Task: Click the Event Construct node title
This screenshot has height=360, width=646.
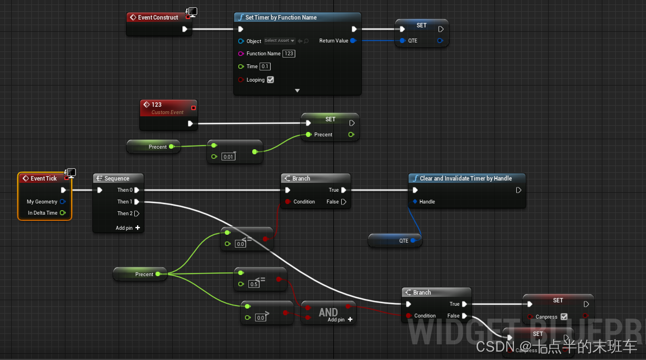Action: point(158,17)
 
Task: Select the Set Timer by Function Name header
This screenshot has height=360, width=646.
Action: point(281,17)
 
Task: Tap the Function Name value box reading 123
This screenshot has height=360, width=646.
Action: point(289,54)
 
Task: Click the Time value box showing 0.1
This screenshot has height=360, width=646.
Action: point(265,67)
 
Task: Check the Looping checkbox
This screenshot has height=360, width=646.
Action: point(271,80)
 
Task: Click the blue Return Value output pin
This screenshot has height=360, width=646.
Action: point(353,41)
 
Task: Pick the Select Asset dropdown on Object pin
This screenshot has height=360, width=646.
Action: point(280,41)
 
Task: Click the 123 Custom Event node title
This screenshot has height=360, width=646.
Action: point(157,105)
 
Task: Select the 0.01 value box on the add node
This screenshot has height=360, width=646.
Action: point(228,157)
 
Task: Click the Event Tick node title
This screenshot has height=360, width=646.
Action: point(44,178)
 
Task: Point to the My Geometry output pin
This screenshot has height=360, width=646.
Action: point(63,202)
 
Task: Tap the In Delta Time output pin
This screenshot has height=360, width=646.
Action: point(63,213)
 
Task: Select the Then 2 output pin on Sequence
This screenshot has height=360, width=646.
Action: point(136,214)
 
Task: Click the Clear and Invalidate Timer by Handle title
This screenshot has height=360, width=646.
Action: point(466,178)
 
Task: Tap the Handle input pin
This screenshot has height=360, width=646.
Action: point(415,202)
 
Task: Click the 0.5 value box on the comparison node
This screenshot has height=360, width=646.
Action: point(254,284)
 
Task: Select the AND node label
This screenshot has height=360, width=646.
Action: point(328,312)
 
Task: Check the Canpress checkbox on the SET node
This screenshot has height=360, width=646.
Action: point(564,317)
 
